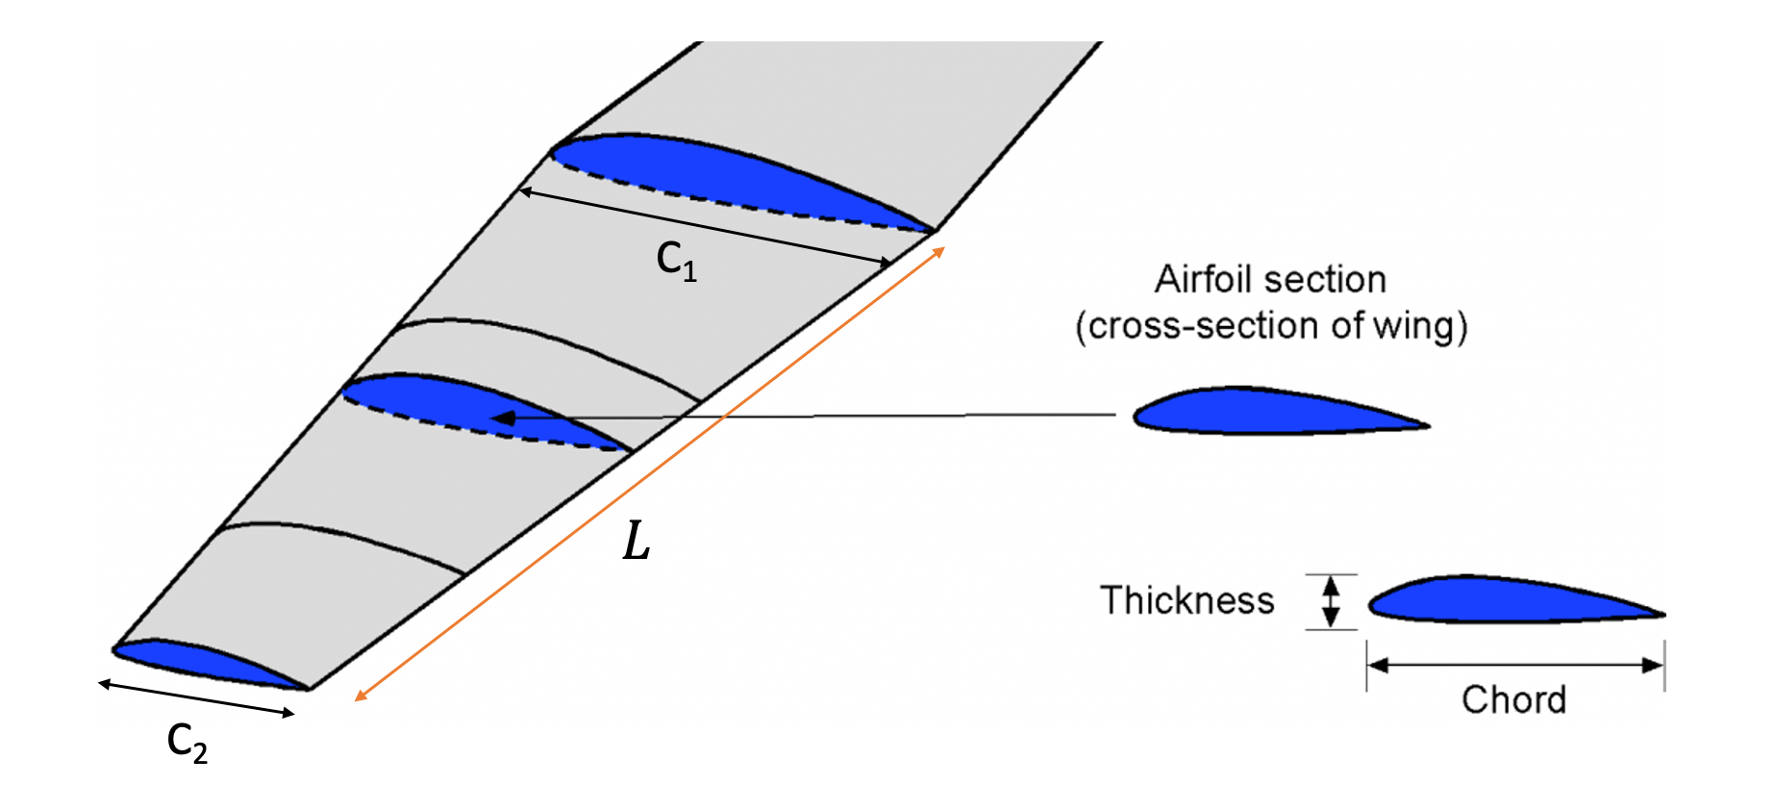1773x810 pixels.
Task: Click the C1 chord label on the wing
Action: tap(676, 261)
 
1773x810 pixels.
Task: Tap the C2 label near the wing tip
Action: tap(187, 743)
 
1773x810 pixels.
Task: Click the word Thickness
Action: tap(1186, 600)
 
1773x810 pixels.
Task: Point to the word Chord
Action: tap(1513, 699)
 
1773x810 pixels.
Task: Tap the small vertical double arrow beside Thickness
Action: tap(1331, 601)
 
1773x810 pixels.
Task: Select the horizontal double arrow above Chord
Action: tap(1515, 665)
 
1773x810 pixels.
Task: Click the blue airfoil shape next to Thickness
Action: tap(1500, 601)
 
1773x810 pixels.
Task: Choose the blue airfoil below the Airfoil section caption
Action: tap(1260, 412)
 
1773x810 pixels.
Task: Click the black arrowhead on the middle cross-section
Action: tap(502, 418)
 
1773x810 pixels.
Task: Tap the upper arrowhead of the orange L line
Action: tap(939, 252)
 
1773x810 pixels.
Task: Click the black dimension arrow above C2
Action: tap(196, 698)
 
